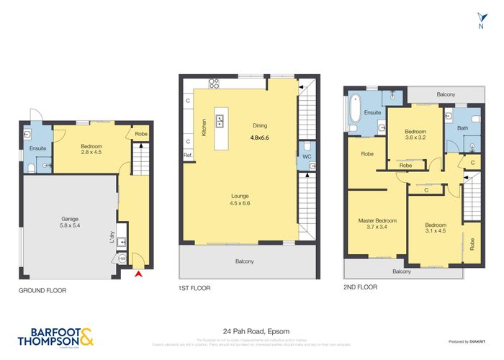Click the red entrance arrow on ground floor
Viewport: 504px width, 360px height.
click(139, 274)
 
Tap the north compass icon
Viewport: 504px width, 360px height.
click(481, 20)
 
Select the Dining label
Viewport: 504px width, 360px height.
click(259, 125)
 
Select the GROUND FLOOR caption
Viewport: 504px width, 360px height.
click(42, 290)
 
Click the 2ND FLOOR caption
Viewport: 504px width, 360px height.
click(361, 286)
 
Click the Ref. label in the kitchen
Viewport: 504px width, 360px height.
click(187, 155)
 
